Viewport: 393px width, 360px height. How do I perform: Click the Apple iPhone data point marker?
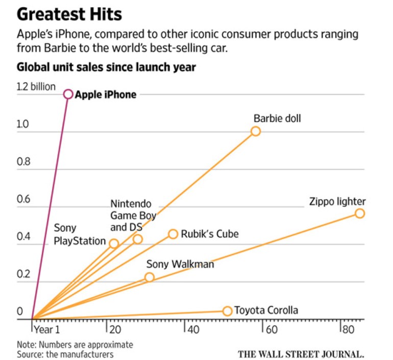[68, 94]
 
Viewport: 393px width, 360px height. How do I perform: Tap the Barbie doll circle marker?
[256, 131]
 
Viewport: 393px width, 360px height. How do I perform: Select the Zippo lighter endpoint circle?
[360, 213]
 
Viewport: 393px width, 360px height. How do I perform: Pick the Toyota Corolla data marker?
[227, 311]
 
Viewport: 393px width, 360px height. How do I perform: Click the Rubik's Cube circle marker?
[173, 234]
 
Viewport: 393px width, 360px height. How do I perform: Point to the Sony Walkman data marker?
[149, 277]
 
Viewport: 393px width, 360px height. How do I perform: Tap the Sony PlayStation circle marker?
[114, 244]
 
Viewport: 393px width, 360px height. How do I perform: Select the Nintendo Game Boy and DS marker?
[137, 239]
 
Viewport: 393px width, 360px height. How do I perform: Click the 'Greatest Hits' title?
[70, 14]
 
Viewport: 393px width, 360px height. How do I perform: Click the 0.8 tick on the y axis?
[23, 162]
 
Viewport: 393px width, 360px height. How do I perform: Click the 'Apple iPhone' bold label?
[106, 94]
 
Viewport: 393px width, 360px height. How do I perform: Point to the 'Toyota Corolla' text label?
[266, 310]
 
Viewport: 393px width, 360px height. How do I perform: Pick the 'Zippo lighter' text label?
[337, 201]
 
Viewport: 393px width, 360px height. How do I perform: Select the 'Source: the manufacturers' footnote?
[65, 354]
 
